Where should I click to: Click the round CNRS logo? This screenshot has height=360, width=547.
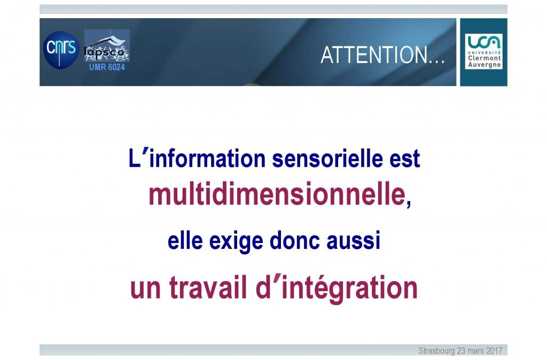pyautogui.click(x=61, y=50)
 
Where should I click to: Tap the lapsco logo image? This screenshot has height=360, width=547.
pyautogui.click(x=107, y=46)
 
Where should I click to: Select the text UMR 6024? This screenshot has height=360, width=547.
pyautogui.click(x=107, y=67)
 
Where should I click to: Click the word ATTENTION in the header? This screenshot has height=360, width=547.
pyautogui.click(x=373, y=55)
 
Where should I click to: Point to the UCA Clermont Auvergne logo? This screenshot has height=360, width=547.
pyautogui.click(x=483, y=52)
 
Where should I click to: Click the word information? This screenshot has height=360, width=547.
pyautogui.click(x=207, y=159)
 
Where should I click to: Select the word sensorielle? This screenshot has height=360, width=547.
pyautogui.click(x=327, y=159)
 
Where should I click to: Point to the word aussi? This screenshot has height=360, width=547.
pyautogui.click(x=353, y=241)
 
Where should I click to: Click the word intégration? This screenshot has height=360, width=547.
pyautogui.click(x=349, y=288)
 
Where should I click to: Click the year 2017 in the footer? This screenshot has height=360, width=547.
pyautogui.click(x=495, y=350)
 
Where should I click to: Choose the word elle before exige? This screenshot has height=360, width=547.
pyautogui.click(x=185, y=241)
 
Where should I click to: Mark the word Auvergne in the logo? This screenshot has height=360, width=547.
pyautogui.click(x=484, y=65)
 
